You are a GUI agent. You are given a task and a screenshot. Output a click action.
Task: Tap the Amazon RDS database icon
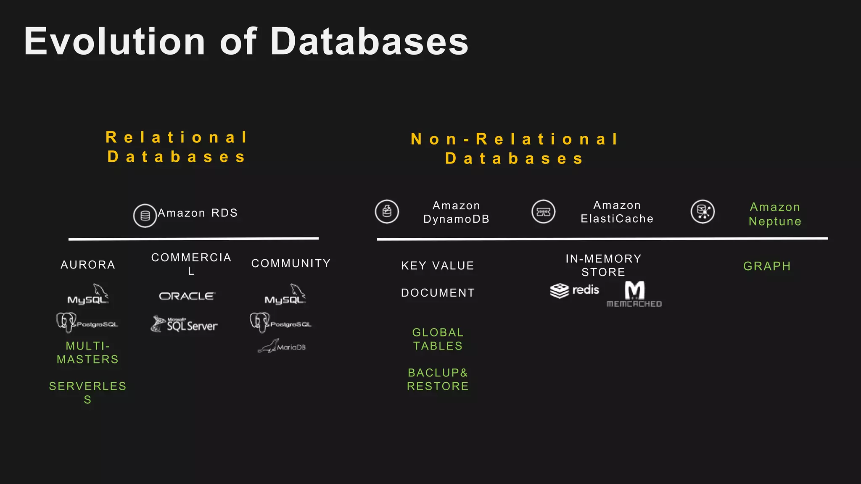point(145,216)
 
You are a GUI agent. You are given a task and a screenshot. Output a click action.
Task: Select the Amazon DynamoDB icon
point(387,211)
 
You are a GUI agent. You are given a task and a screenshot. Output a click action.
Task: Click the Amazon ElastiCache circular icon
point(543,211)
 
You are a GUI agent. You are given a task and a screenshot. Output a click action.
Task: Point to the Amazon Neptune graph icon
point(703,211)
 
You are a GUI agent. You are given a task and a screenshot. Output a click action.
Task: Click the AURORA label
point(88,265)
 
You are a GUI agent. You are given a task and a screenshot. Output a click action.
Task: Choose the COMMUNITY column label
point(291,263)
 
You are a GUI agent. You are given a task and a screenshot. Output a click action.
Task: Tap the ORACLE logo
point(187,296)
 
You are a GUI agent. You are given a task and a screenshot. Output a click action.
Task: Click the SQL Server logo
point(185,324)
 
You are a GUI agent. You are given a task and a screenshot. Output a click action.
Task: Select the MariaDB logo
point(282,346)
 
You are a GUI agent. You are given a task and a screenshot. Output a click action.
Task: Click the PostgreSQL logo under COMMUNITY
point(280,323)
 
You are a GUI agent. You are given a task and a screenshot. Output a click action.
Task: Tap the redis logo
point(575,290)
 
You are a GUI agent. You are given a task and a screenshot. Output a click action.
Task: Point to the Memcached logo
point(634,295)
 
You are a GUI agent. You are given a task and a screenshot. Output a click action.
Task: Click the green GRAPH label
point(767,266)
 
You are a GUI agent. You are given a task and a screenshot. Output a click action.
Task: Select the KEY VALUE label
point(438,266)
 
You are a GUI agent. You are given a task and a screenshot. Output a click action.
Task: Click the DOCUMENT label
point(438,293)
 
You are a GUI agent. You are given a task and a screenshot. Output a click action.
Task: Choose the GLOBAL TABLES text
point(438,339)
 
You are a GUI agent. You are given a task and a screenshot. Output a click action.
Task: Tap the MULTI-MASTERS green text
point(87,352)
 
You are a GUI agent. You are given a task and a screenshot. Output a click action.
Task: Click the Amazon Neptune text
point(775,214)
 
